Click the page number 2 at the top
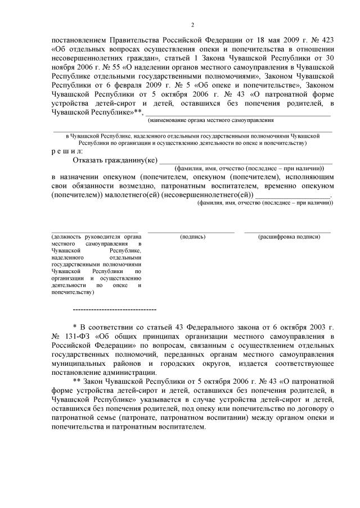coord(192,25)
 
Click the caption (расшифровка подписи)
coord(288,237)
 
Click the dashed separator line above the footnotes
coord(115,310)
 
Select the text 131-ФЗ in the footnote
coord(78,336)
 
